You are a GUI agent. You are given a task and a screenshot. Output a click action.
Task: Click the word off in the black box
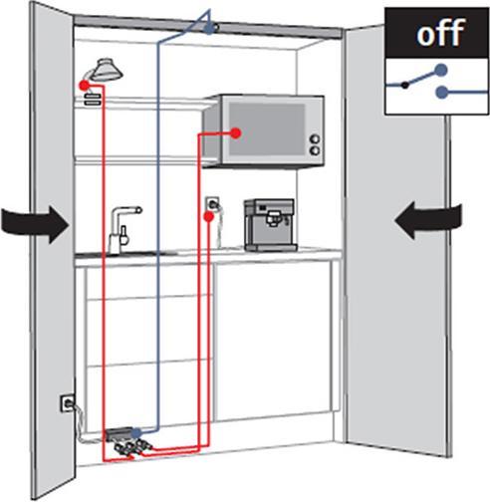click(440, 32)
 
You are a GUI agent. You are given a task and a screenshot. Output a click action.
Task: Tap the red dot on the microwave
click(236, 133)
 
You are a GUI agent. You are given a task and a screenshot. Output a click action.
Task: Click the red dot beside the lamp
click(84, 86)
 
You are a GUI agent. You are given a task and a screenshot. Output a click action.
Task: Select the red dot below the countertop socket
click(208, 217)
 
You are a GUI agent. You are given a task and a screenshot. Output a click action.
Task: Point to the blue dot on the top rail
click(209, 29)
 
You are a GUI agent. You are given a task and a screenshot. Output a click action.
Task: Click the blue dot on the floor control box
click(136, 433)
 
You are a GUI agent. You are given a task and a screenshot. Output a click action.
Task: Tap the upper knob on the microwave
click(315, 138)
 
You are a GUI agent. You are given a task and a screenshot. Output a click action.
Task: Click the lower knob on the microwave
click(315, 151)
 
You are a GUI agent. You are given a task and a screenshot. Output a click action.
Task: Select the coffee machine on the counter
click(270, 225)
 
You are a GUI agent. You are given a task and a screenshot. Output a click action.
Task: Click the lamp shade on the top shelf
click(107, 70)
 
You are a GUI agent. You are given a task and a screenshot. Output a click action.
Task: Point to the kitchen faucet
click(122, 230)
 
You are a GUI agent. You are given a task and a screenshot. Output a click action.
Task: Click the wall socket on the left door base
click(68, 403)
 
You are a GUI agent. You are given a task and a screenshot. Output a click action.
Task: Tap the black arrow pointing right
click(35, 224)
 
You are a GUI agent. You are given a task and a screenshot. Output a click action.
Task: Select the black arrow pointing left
click(428, 220)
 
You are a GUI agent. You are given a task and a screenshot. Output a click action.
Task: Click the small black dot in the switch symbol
click(404, 85)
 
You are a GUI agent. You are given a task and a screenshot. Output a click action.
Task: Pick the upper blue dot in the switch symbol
click(441, 71)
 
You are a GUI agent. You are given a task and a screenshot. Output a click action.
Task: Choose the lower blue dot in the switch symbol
click(442, 92)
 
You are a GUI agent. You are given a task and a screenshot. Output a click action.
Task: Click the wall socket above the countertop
click(212, 204)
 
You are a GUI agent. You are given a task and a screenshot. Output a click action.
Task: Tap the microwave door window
click(267, 129)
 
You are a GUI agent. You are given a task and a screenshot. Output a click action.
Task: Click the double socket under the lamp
click(93, 100)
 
